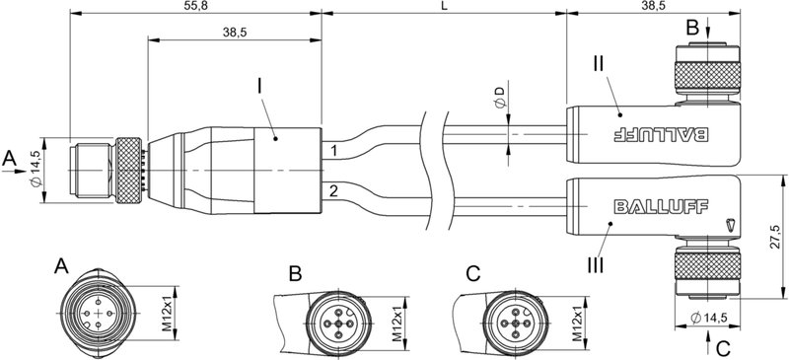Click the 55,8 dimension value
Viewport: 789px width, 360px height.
[x=196, y=6]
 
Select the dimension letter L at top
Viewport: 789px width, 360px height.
[x=442, y=6]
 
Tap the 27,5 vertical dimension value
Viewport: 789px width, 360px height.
[x=775, y=236]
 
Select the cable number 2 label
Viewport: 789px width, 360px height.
[x=334, y=189]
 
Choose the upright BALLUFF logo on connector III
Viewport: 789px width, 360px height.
[x=652, y=206]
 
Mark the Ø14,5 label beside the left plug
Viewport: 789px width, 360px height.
[x=36, y=170]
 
